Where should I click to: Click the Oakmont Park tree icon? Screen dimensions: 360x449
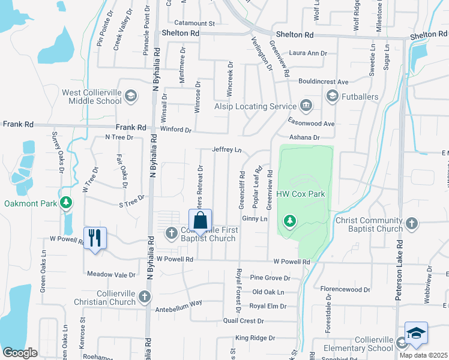pos(67,203)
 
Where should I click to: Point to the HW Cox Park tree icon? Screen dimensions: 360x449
pos(290,221)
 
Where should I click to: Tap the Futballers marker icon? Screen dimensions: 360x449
pos(332,96)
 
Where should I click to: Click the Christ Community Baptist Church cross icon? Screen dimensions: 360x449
pos(411,224)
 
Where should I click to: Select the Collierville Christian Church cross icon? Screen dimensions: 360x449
pos(144,296)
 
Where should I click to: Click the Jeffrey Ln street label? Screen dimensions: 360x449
pos(227,149)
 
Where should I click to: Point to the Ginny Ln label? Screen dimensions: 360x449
pos(255,219)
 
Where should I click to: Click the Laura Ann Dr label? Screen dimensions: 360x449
pos(308,53)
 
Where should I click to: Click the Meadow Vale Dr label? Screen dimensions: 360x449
pos(112,274)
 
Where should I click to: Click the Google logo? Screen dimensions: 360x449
pos(20,353)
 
